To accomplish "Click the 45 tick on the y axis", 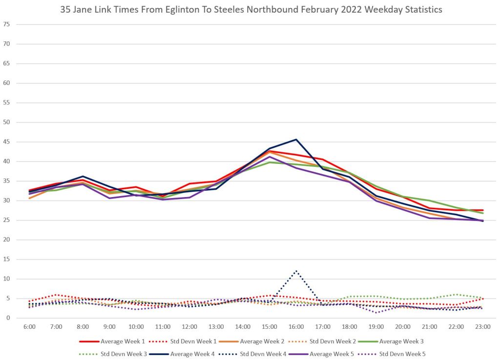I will pos(7,142).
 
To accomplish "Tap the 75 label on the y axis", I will pos(7,24).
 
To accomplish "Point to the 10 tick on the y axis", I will pos(7,279).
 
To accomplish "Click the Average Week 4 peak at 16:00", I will pos(296,140).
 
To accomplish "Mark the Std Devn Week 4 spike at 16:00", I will pos(296,271).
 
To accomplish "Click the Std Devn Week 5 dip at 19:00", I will pos(376,312).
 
